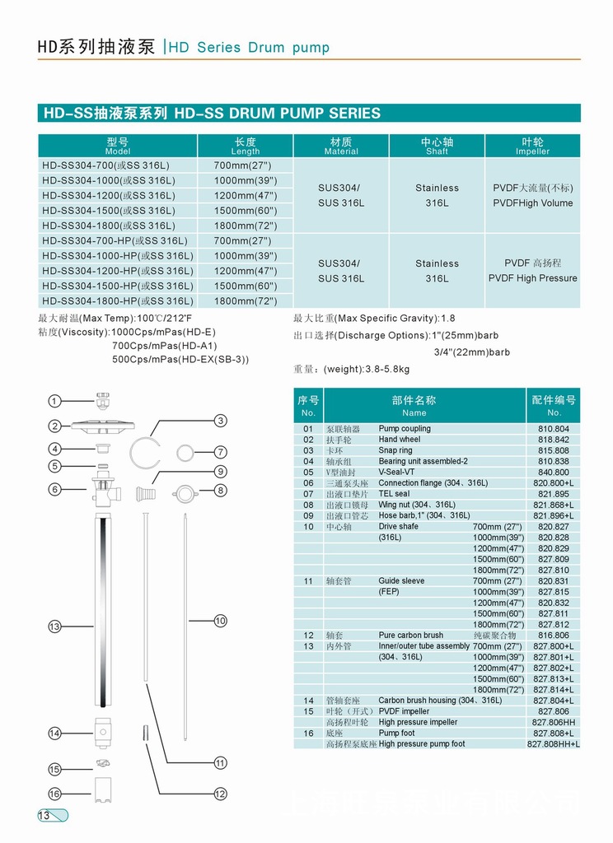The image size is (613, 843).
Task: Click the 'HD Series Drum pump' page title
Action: (249, 48)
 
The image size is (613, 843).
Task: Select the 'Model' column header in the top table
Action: (118, 147)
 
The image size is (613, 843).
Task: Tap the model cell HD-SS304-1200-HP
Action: (118, 271)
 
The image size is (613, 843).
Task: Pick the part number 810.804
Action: (554, 429)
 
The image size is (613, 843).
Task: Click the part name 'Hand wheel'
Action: (400, 440)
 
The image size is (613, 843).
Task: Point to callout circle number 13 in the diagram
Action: (54, 627)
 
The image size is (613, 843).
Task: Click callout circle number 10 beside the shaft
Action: (220, 621)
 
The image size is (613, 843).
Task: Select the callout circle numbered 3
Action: (220, 421)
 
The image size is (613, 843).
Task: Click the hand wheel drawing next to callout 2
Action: (104, 426)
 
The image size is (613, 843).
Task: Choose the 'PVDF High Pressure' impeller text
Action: (533, 278)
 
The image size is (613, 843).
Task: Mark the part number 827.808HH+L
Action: (554, 744)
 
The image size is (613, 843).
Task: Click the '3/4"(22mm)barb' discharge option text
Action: (472, 352)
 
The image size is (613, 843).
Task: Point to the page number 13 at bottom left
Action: (44, 816)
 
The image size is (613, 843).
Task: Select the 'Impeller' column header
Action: (533, 147)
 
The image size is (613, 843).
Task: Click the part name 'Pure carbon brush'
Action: (411, 636)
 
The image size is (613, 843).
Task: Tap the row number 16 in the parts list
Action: (308, 733)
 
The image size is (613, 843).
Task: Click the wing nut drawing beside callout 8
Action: (184, 492)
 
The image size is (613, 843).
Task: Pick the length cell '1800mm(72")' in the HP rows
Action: (246, 301)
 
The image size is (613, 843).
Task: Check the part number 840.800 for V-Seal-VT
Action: (554, 473)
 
